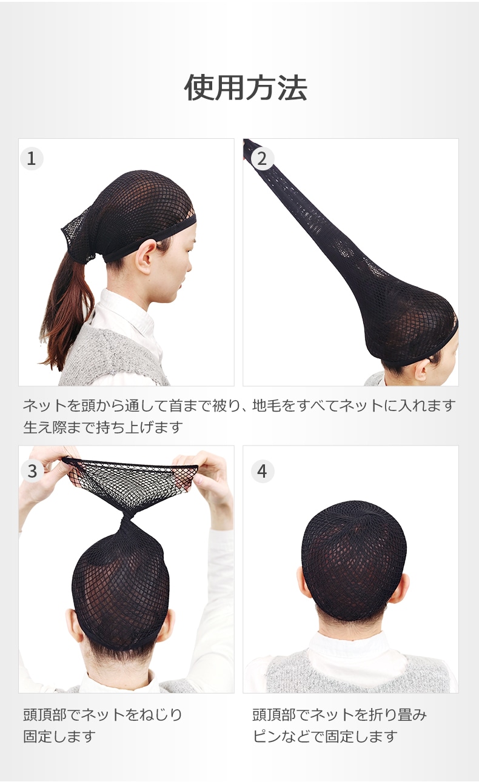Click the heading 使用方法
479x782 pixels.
[x=246, y=88]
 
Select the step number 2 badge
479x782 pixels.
[x=262, y=159]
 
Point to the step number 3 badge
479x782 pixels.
[x=32, y=471]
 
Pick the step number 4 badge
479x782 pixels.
[x=263, y=471]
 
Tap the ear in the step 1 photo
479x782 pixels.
[x=146, y=256]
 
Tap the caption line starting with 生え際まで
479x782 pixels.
[x=103, y=427]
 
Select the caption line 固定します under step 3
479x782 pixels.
[x=59, y=737]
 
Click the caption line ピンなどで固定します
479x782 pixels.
[x=325, y=737]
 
